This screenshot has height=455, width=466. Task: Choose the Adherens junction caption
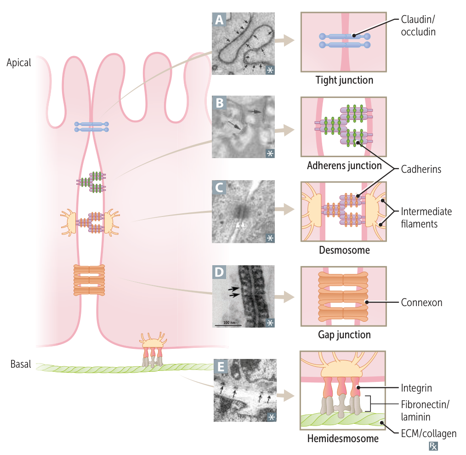coord(344,165)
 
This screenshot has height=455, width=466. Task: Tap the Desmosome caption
coord(344,250)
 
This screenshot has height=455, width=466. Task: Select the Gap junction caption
coord(344,335)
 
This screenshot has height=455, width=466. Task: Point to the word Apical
coord(19,63)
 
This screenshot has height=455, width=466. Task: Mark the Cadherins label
coord(421,170)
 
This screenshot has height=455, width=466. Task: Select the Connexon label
coord(421,303)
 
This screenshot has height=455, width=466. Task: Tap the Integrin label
coord(416,389)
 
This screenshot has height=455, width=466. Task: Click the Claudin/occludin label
coord(418,26)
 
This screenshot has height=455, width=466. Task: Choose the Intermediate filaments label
coord(426,218)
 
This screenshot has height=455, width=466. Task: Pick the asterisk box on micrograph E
coord(271,417)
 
